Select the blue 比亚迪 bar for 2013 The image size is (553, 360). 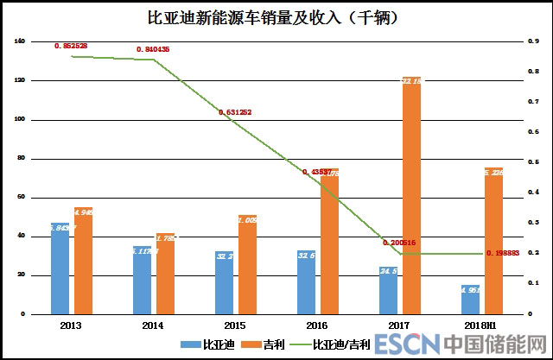tap(60, 268)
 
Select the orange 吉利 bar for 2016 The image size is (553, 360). tap(329, 242)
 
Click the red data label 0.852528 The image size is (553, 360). tap(71, 45)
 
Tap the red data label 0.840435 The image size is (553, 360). tap(152, 50)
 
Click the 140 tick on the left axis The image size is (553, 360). tap(20, 41)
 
